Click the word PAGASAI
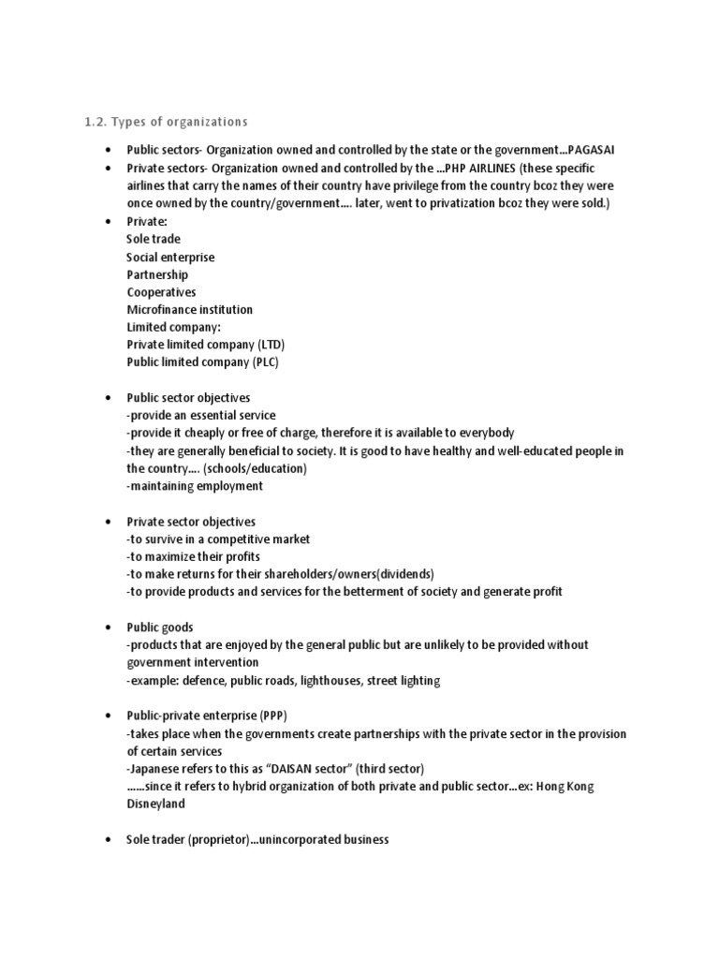(x=597, y=151)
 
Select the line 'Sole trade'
(x=154, y=239)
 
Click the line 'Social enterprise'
(x=170, y=257)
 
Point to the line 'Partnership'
(x=157, y=274)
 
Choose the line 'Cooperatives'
(x=161, y=292)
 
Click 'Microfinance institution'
(x=189, y=309)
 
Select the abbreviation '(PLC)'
(x=266, y=361)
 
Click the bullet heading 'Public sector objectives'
(x=188, y=397)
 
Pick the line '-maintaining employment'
(x=195, y=486)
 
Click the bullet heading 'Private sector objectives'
(x=191, y=521)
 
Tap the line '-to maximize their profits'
(x=194, y=556)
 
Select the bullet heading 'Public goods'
(x=160, y=627)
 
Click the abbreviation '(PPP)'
(x=283, y=716)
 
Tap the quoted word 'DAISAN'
(x=294, y=769)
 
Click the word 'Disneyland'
(x=155, y=804)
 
